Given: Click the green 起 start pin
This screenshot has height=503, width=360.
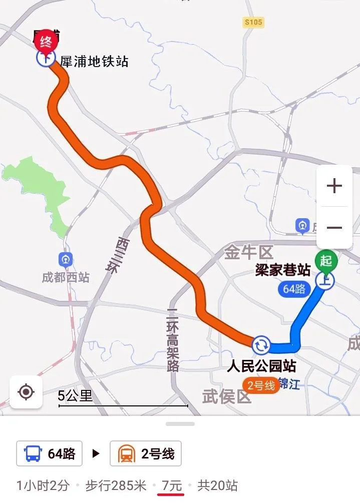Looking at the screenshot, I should click(326, 261).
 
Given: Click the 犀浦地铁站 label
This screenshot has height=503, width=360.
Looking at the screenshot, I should click(94, 62).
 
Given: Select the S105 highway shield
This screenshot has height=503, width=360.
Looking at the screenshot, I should click(253, 23).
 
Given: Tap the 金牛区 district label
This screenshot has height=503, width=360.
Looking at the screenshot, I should click(247, 253).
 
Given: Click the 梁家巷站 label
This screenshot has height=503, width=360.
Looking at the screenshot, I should click(282, 270).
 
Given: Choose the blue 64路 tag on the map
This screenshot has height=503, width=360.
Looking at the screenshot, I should click(294, 289).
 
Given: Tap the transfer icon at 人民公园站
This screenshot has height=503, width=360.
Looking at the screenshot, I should click(261, 344).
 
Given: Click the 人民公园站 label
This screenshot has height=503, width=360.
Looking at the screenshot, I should click(261, 365).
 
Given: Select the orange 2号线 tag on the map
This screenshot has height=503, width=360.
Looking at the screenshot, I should click(261, 385).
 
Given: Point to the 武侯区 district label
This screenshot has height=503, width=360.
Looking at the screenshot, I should click(226, 397).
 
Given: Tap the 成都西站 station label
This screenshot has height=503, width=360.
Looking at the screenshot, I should click(66, 277).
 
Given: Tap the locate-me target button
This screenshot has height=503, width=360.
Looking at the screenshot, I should click(26, 391).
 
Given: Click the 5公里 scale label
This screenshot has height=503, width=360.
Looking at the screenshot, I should click(76, 396).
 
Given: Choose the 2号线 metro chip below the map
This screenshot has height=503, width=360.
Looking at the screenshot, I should click(146, 454).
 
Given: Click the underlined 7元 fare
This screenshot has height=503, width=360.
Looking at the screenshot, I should click(171, 485).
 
